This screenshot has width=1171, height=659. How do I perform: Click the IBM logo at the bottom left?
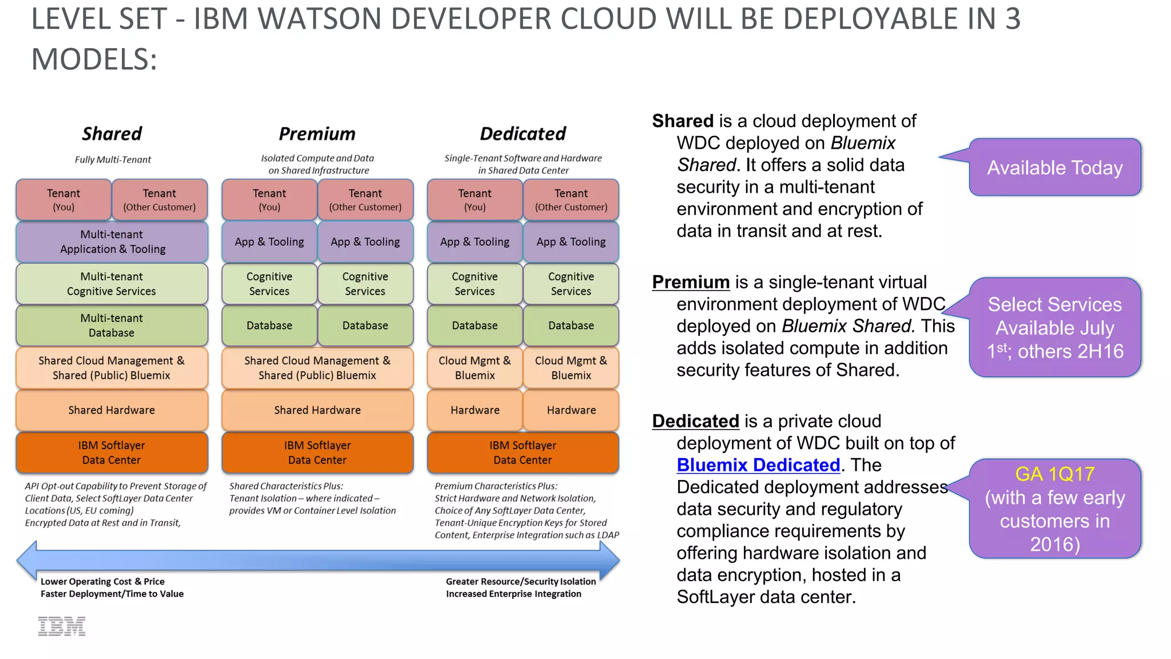point(62,626)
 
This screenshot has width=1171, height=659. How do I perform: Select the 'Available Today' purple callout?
point(1054,168)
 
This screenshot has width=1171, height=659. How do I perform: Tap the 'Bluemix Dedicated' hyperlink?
point(758,465)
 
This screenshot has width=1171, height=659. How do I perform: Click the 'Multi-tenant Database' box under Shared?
point(111,325)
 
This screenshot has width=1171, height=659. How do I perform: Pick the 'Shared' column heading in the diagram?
point(111,134)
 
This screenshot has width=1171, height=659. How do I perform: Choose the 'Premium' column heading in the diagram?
point(317,134)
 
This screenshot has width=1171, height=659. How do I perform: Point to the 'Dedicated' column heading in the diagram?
point(523,134)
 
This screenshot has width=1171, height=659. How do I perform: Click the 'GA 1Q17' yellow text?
point(1054,474)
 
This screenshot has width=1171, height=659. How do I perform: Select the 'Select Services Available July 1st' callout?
point(1054,328)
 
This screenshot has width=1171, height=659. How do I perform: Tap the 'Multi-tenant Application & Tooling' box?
point(111,242)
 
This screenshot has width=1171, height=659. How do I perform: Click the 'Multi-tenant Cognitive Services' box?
point(111,284)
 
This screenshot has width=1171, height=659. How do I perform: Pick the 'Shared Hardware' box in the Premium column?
point(317,410)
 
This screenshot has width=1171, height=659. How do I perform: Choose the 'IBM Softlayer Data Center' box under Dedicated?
point(523,452)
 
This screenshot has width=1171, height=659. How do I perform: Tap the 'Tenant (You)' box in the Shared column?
point(63,200)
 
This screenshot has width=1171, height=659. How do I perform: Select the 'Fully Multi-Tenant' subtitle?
point(113,160)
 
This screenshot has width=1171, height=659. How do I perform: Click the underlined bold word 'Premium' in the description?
point(691,282)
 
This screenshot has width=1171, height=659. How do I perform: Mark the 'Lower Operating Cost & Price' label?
point(102,582)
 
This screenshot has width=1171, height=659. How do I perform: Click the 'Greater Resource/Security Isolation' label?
point(520,582)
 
